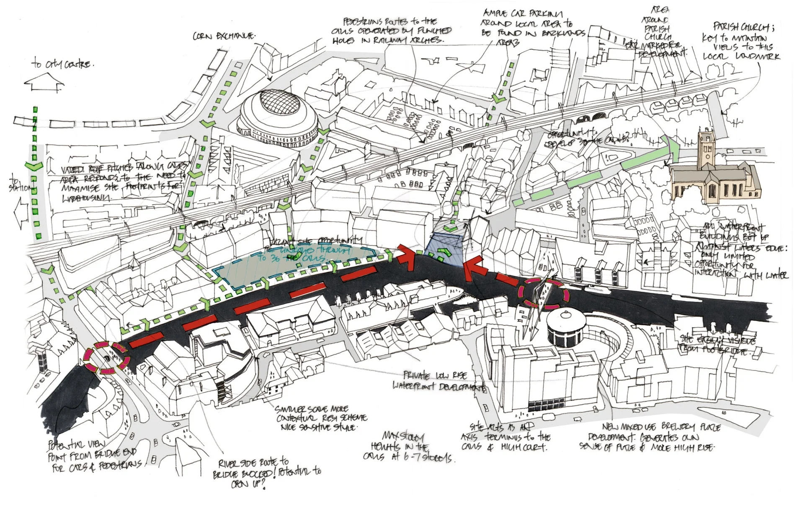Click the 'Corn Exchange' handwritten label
[x=224, y=37]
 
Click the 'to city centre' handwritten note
[x=62, y=64]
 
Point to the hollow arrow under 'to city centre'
[x=44, y=82]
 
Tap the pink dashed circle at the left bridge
[x=106, y=357]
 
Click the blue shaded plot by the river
[x=445, y=249]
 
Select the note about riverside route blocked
[x=264, y=473]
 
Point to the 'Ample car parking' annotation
[x=532, y=28]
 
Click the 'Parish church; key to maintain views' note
[x=741, y=41]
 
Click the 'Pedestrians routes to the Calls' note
[x=392, y=30]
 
